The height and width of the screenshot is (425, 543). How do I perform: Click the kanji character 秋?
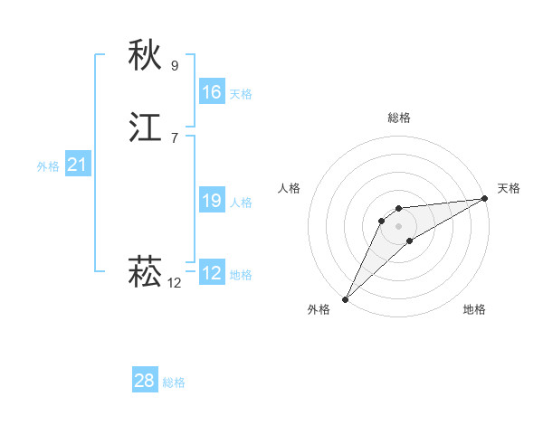[145, 56]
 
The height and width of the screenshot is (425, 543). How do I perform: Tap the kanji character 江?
[145, 128]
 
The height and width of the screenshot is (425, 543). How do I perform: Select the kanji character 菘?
[145, 272]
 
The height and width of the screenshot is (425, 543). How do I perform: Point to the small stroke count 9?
[175, 65]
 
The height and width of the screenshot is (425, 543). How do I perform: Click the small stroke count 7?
[175, 137]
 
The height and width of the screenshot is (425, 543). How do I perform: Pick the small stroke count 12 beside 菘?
[174, 282]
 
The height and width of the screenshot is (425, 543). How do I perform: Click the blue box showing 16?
[211, 92]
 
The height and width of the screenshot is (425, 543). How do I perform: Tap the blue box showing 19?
[211, 201]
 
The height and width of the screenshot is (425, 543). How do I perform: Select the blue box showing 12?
[211, 273]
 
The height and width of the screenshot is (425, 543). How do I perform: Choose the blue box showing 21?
[77, 165]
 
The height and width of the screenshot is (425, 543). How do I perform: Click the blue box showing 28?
[144, 381]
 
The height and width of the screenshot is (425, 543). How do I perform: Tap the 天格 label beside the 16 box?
[241, 94]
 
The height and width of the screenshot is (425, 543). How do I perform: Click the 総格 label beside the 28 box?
[174, 382]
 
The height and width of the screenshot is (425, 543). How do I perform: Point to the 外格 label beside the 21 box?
[48, 166]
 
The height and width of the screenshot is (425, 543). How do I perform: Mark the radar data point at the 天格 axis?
[485, 199]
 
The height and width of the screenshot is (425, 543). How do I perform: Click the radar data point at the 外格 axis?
[345, 298]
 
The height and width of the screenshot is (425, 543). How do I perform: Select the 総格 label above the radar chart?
[399, 118]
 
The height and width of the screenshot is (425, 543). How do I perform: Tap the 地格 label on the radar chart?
[474, 310]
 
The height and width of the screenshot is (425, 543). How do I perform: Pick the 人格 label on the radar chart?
[289, 188]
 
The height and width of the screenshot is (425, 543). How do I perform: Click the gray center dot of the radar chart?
[398, 225]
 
